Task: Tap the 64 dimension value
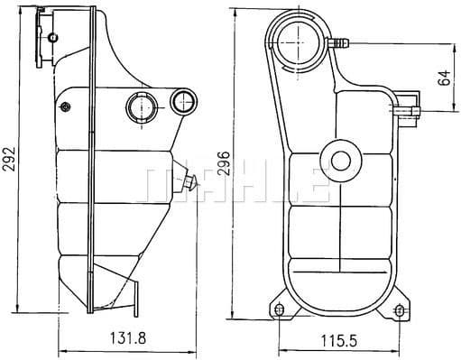click(x=444, y=78)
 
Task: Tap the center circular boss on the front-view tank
click(x=340, y=161)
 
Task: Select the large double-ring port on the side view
click(x=140, y=107)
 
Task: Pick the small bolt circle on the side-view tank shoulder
click(x=66, y=108)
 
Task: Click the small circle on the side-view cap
click(x=53, y=36)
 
